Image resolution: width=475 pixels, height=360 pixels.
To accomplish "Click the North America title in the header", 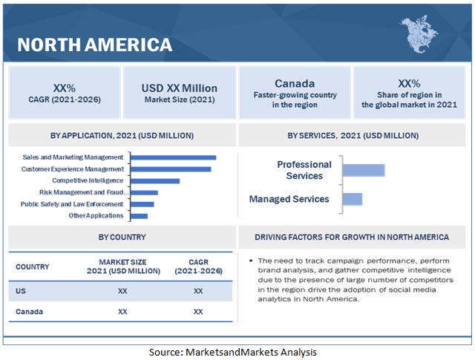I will (94, 45).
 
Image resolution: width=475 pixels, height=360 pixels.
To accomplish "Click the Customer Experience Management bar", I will (171, 169).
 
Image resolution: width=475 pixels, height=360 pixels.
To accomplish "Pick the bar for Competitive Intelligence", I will (156, 180).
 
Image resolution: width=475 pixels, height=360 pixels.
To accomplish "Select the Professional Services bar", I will (364, 170).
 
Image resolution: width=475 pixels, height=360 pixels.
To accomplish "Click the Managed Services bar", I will (353, 199).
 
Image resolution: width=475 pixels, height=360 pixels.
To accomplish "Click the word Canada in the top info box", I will (295, 84).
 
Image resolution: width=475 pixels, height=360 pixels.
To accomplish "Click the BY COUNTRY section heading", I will (122, 238).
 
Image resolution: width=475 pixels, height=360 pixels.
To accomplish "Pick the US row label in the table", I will (21, 291).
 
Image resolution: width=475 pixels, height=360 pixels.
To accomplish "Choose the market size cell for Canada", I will (122, 312).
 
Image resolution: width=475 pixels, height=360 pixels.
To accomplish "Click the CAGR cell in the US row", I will (198, 291).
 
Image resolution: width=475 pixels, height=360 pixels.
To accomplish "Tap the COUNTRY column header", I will (33, 266).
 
